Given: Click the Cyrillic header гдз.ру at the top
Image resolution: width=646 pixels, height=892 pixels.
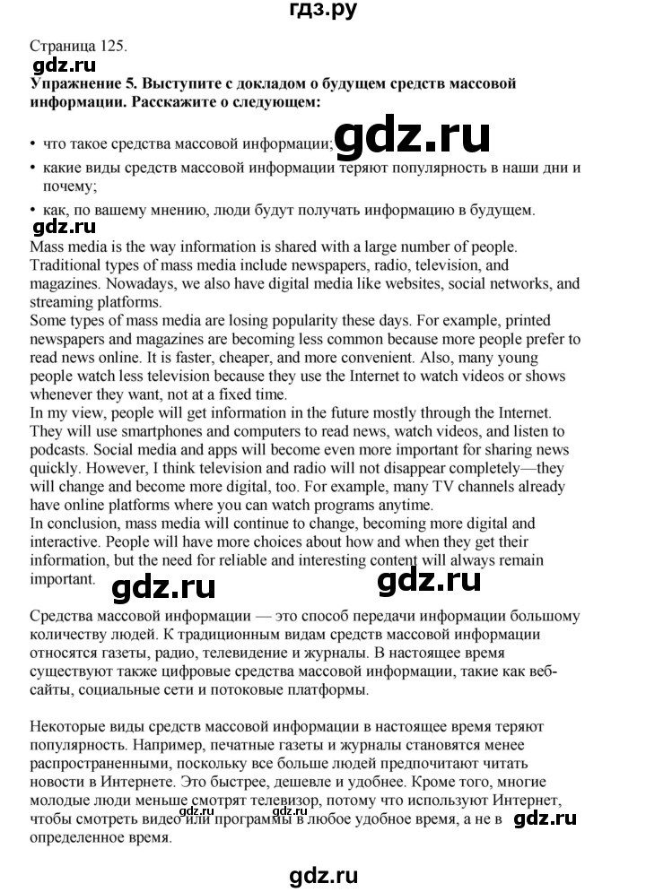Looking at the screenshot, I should click(323, 13).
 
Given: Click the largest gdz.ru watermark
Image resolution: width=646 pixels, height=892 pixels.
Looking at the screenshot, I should click(414, 138).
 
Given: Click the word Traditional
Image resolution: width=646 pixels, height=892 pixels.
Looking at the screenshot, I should click(70, 264).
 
